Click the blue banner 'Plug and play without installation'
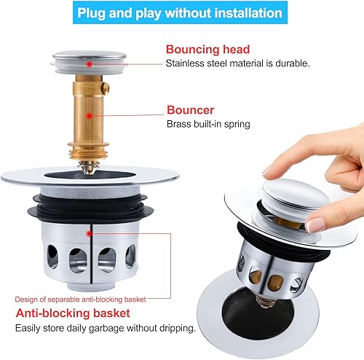180,12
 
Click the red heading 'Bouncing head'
207,50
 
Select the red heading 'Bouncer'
190,110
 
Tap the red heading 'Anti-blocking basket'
73,313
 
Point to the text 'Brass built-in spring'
208,124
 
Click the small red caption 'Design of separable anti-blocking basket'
80,300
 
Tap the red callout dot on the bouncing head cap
90,64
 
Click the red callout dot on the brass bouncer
90,116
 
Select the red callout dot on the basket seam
90,234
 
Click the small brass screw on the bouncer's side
106,88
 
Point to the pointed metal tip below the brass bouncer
88,168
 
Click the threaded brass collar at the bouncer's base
88,151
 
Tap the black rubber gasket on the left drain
90,208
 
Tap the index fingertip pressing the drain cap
270,171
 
